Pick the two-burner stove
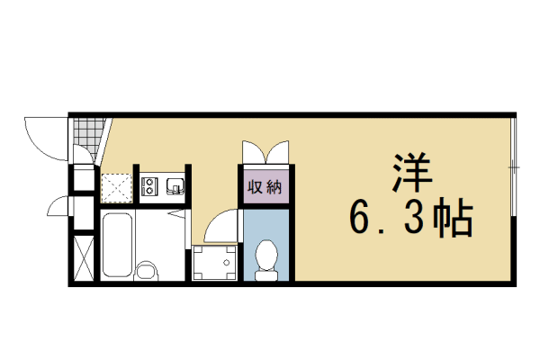point(150,186)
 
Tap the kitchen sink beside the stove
point(175,186)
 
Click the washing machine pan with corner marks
point(216,264)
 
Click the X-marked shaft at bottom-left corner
point(83,257)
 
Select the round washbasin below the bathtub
point(145,270)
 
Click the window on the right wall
point(513,167)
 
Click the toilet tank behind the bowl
point(266,274)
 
